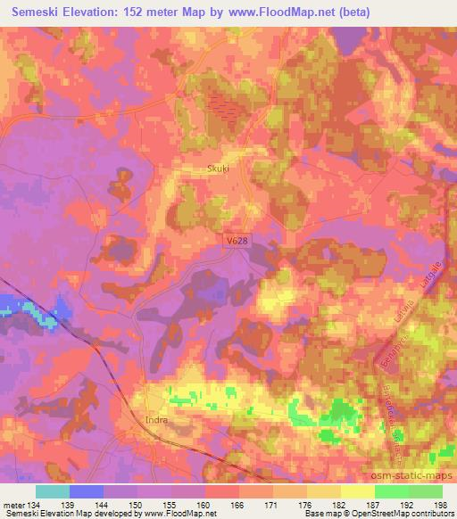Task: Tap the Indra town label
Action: (156, 416)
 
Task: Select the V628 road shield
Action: (236, 240)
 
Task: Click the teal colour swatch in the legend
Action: (53, 491)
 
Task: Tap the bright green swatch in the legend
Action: (392, 491)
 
